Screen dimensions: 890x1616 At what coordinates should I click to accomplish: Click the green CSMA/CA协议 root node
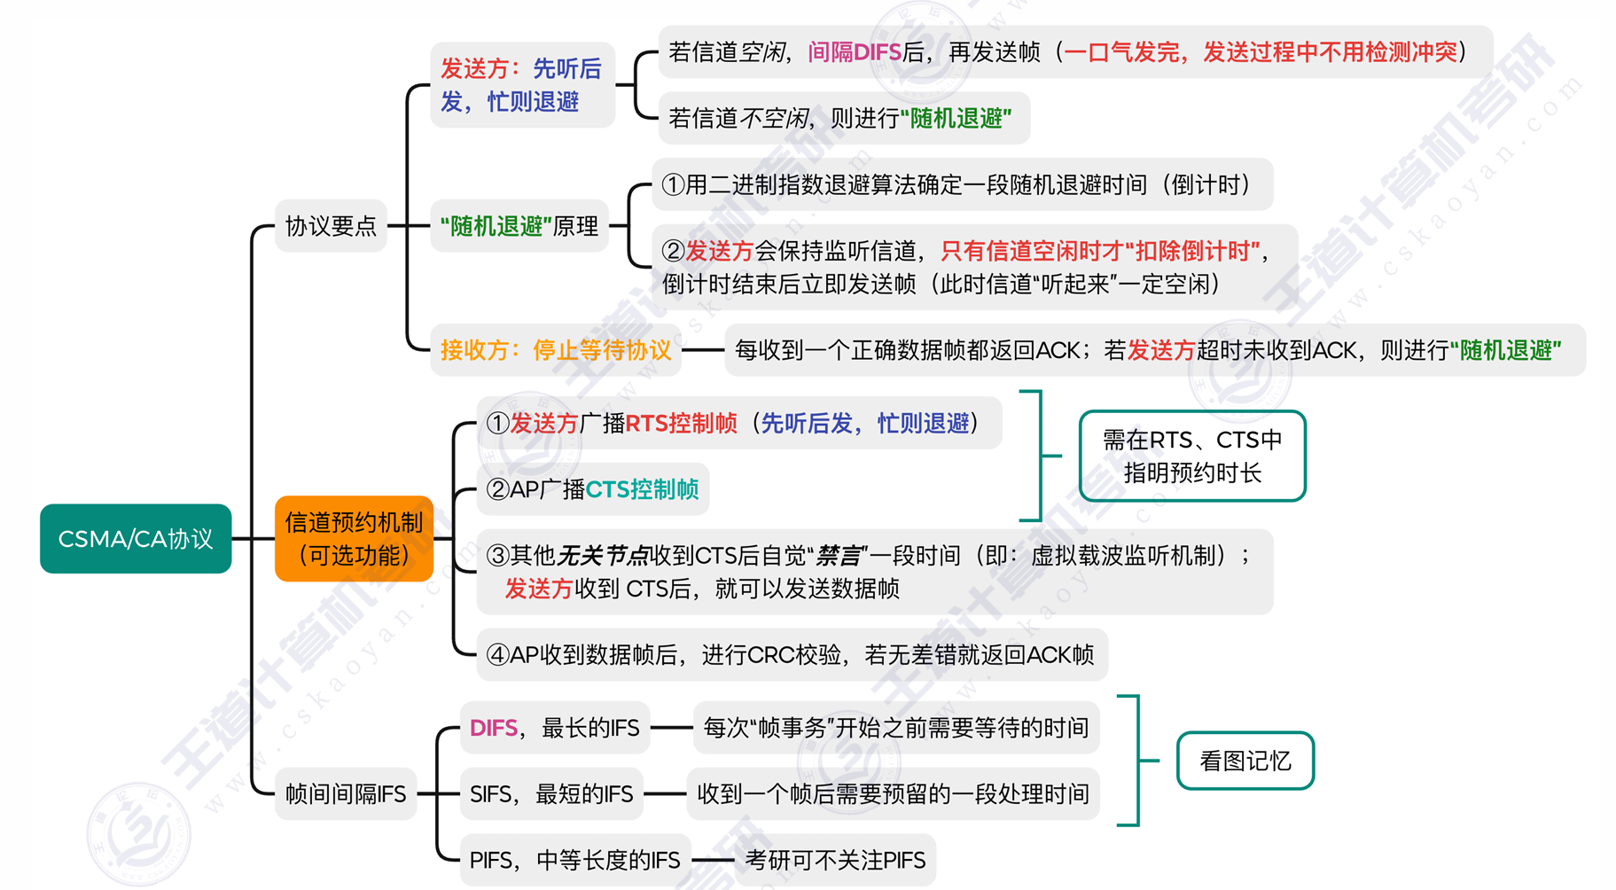coord(136,538)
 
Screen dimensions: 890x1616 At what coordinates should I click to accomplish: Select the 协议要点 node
coord(331,226)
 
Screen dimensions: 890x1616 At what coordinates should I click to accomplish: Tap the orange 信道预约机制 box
coord(354,538)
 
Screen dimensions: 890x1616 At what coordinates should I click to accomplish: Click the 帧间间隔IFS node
coord(345,793)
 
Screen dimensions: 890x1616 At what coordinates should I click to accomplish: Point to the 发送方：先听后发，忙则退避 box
coord(521,85)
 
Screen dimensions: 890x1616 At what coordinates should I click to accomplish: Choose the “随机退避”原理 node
coord(519,226)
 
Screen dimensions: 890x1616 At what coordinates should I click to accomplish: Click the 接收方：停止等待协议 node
coord(556,350)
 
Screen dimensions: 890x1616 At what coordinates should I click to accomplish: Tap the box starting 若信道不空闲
coord(842,118)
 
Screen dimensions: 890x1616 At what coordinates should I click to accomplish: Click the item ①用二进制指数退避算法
coord(962,184)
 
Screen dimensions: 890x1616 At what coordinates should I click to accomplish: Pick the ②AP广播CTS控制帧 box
coord(592,488)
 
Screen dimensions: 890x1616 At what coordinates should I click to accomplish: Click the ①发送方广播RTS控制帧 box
coord(738,423)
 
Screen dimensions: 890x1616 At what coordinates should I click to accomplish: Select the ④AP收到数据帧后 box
coord(791,655)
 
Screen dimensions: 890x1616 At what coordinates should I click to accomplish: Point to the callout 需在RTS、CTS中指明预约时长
coord(1191,456)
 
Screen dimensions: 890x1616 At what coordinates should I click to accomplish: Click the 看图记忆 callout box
coord(1245,761)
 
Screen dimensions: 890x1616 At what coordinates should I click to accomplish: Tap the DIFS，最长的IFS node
coord(554,728)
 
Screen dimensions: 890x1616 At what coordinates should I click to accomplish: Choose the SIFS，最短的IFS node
coord(550,793)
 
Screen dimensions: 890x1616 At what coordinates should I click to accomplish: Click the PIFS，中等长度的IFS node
coord(574,860)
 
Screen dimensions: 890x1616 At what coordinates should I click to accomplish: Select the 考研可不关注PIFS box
coord(835,860)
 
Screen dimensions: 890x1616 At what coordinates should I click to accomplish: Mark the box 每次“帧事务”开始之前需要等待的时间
coord(895,728)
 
